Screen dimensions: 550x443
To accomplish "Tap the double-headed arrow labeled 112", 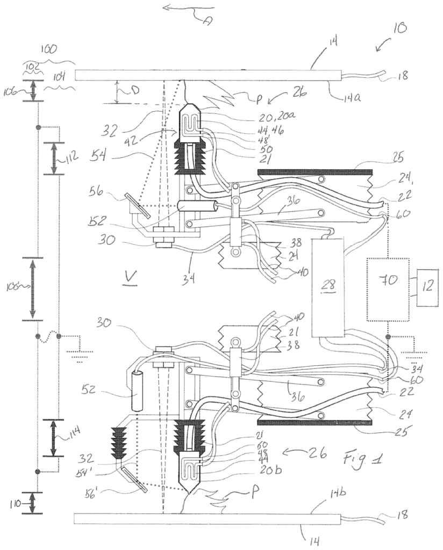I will [54, 158].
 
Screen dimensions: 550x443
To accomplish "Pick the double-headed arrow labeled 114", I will [54, 438].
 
